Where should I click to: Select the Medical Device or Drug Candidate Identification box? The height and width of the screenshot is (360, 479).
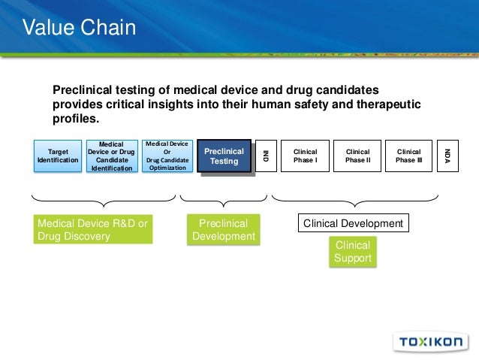[112, 156]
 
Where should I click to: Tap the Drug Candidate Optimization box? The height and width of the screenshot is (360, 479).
[167, 156]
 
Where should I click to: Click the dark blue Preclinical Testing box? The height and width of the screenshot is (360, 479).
[224, 156]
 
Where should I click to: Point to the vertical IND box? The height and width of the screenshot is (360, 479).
[265, 156]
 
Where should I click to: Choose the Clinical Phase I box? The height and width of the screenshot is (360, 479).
[305, 156]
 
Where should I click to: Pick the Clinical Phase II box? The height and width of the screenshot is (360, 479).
[357, 156]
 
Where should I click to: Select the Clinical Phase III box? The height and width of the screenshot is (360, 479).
[408, 156]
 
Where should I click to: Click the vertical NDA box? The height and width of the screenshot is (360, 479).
[447, 156]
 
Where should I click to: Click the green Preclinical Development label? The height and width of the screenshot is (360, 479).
[224, 229]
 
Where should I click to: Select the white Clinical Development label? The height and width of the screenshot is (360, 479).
[353, 223]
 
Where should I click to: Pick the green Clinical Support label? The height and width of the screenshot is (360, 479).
[353, 252]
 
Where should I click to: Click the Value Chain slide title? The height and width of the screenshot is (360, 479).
[79, 29]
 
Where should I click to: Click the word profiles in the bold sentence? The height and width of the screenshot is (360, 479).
[74, 118]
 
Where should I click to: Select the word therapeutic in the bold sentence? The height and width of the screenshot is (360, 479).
[386, 104]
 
